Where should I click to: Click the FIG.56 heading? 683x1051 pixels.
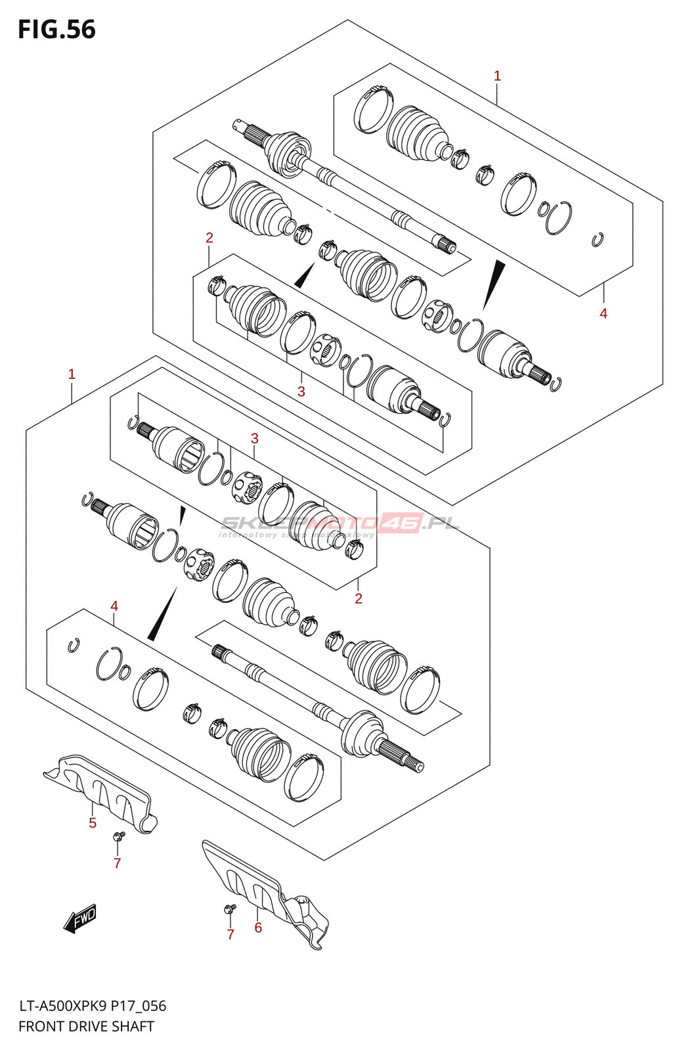tap(56, 30)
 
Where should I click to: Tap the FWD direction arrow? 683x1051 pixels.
tap(80, 918)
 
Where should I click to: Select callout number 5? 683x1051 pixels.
tap(93, 823)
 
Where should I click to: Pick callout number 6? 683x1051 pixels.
tap(258, 928)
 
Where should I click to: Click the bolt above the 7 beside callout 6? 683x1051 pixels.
tap(229, 908)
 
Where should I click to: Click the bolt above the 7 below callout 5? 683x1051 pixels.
tap(119, 836)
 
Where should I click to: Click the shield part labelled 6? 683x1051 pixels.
tap(263, 890)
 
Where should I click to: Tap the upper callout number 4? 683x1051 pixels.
tap(604, 313)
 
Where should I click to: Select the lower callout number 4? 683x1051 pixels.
tap(114, 606)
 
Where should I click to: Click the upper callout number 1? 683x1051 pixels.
tap(497, 76)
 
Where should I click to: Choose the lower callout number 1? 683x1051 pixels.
tap(72, 374)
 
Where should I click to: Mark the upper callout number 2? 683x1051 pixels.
tap(209, 238)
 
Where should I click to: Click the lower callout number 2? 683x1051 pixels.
tap(359, 598)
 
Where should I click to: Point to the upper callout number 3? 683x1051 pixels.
tap(301, 391)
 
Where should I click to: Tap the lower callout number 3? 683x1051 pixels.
tap(255, 438)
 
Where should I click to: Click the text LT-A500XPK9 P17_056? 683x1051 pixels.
tap(92, 1006)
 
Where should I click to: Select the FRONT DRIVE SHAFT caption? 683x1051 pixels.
tap(86, 1026)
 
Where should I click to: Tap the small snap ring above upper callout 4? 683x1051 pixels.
tap(597, 240)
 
